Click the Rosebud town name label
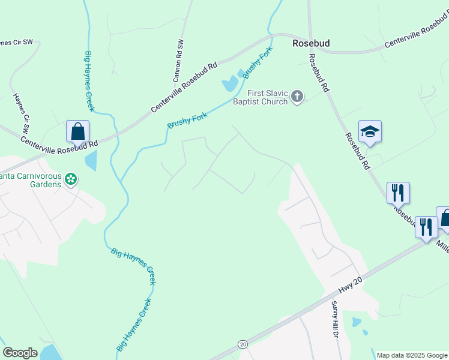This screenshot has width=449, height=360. (x=311, y=43)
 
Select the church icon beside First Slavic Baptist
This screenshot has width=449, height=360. (x=297, y=96)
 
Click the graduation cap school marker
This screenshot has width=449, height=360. (x=370, y=132)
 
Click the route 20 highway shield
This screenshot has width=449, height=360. (x=243, y=344)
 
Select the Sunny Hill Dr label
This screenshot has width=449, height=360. (x=336, y=318)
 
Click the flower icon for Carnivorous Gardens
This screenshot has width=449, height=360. (x=71, y=179)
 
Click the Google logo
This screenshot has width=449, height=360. (x=20, y=353)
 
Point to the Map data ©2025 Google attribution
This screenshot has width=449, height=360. (x=412, y=355)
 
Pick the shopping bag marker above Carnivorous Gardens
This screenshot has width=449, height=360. (x=77, y=131)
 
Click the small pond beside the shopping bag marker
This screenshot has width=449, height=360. (x=90, y=160)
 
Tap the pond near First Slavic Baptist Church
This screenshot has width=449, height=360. (x=230, y=84)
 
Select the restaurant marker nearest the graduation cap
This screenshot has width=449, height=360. (x=398, y=193)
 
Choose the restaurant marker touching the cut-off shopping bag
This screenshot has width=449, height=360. (x=426, y=227)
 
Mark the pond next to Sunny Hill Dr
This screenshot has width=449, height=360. (x=357, y=322)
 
